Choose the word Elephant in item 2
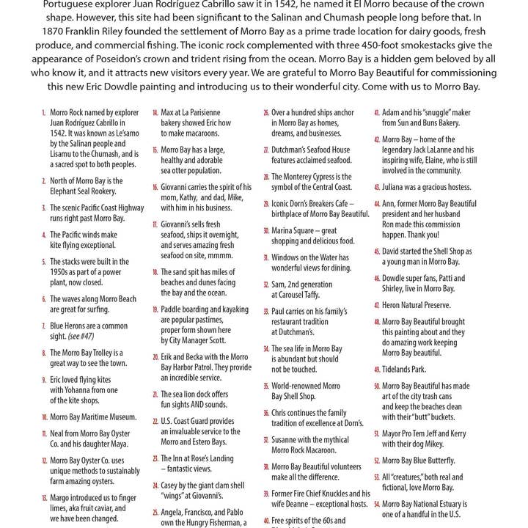(x=67, y=191)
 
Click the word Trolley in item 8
(x=99, y=353)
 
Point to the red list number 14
(x=155, y=114)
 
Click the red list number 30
(x=265, y=231)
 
